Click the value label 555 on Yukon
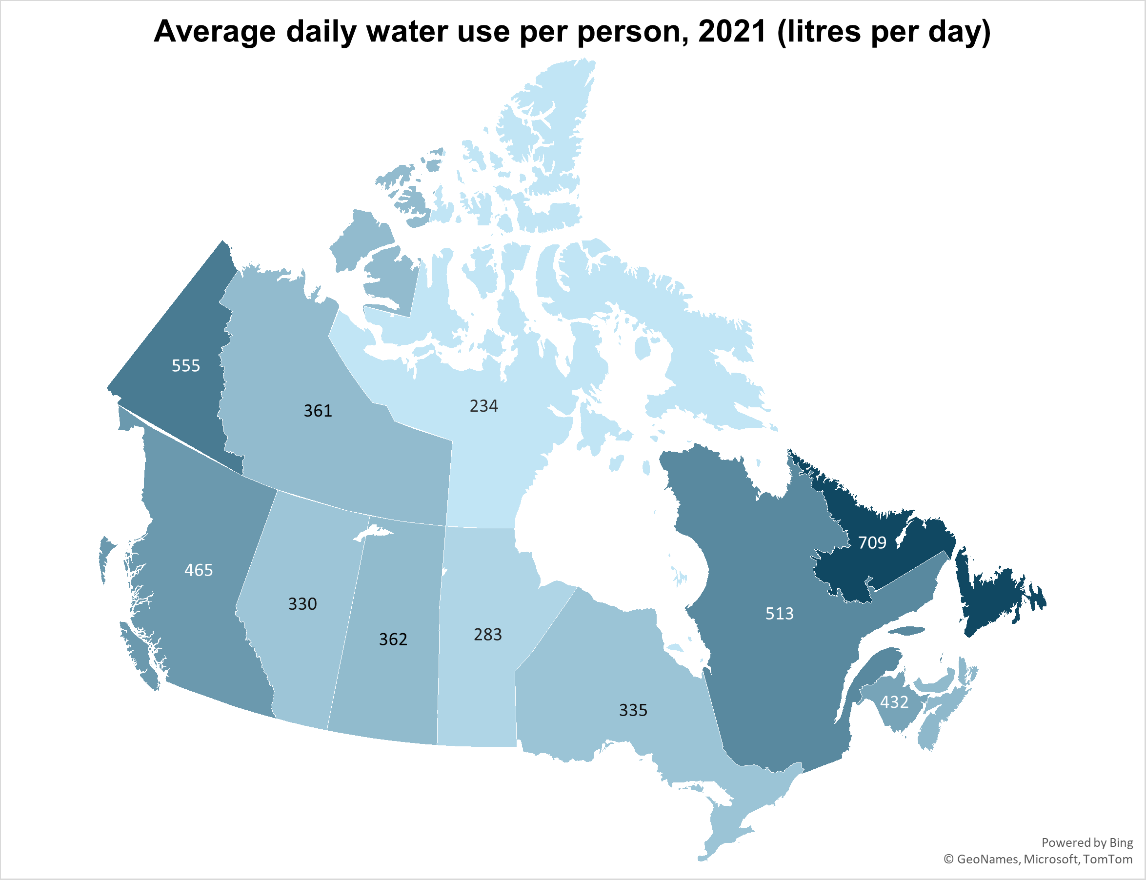tap(186, 366)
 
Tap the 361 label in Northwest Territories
tap(318, 411)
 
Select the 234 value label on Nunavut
tap(483, 406)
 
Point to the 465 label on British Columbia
tap(199, 570)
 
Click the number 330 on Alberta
tap(302, 604)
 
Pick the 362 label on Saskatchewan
tap(393, 639)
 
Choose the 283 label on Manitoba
tap(488, 634)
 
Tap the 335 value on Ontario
tap(633, 710)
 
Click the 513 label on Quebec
tap(779, 613)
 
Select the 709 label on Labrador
tap(872, 542)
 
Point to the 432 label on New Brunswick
tap(894, 702)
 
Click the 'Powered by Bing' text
tap(1087, 842)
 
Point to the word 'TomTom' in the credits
tap(1108, 859)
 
